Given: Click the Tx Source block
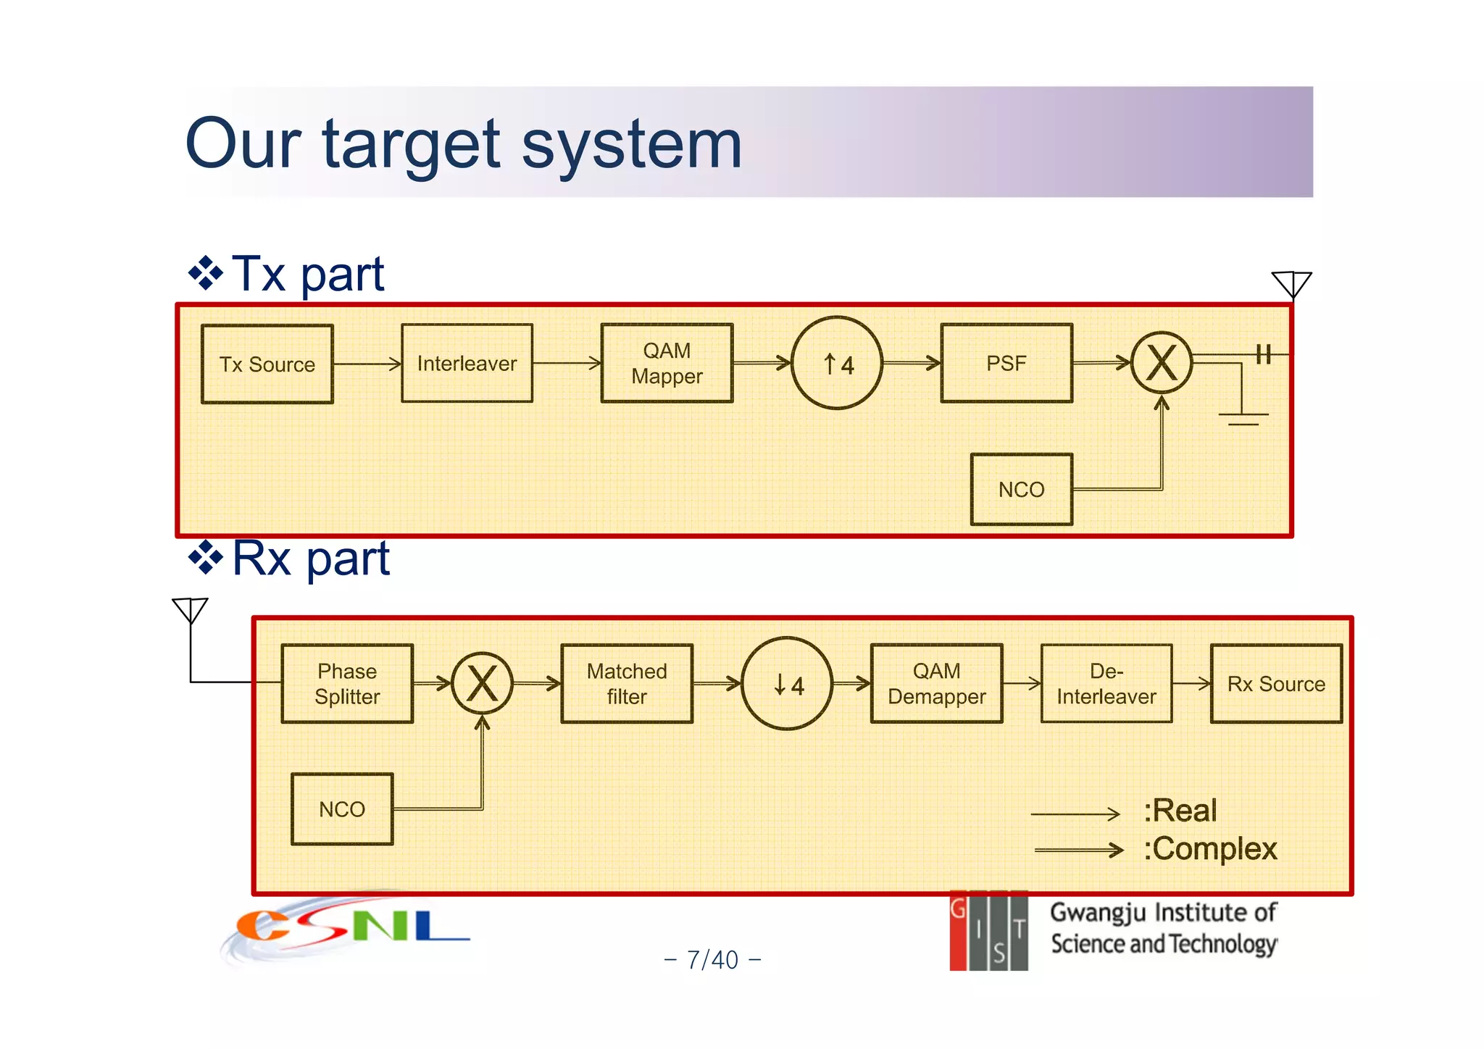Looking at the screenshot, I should [x=267, y=364].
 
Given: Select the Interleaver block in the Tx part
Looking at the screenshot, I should [x=467, y=363].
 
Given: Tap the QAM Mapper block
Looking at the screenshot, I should [x=667, y=363].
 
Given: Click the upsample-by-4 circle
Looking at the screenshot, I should [x=837, y=363].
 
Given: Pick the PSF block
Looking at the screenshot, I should [x=1006, y=363].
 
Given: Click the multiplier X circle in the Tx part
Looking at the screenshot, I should [x=1162, y=363].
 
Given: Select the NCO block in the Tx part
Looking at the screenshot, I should [x=1021, y=489].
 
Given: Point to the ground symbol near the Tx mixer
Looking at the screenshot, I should [x=1243, y=417].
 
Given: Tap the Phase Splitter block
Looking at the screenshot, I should [x=347, y=683].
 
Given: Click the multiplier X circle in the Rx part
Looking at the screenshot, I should [x=482, y=683].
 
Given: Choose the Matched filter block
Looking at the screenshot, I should [x=627, y=683].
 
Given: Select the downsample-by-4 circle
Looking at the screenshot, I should [x=788, y=683].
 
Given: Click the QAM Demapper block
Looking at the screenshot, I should [x=936, y=683].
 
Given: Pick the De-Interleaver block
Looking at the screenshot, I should [x=1106, y=683].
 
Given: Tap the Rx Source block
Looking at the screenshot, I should [x=1276, y=683].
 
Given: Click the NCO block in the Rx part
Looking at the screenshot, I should [x=342, y=808].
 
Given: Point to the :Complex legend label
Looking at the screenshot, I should [x=1210, y=849].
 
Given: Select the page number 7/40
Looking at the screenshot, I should [x=712, y=960].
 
